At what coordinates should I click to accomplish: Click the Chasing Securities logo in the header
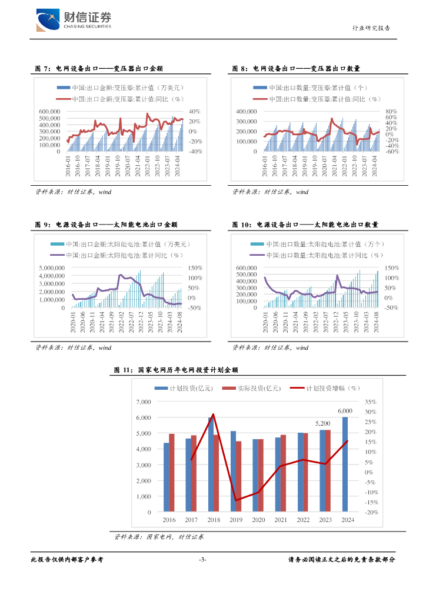[x=74, y=20]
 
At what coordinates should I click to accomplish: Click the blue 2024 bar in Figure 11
[x=345, y=464]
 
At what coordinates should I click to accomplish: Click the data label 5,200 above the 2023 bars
[x=323, y=423]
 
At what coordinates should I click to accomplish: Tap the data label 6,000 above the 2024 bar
[x=345, y=411]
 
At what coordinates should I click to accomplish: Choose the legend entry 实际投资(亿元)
[x=255, y=388]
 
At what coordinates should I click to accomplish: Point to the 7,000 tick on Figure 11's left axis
[x=144, y=402]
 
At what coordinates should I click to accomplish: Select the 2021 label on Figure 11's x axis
[x=281, y=520]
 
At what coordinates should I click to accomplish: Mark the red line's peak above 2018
[x=213, y=414]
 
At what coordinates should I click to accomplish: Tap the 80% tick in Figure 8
[x=391, y=111]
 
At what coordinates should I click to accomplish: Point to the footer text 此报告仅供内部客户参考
[x=66, y=560]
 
